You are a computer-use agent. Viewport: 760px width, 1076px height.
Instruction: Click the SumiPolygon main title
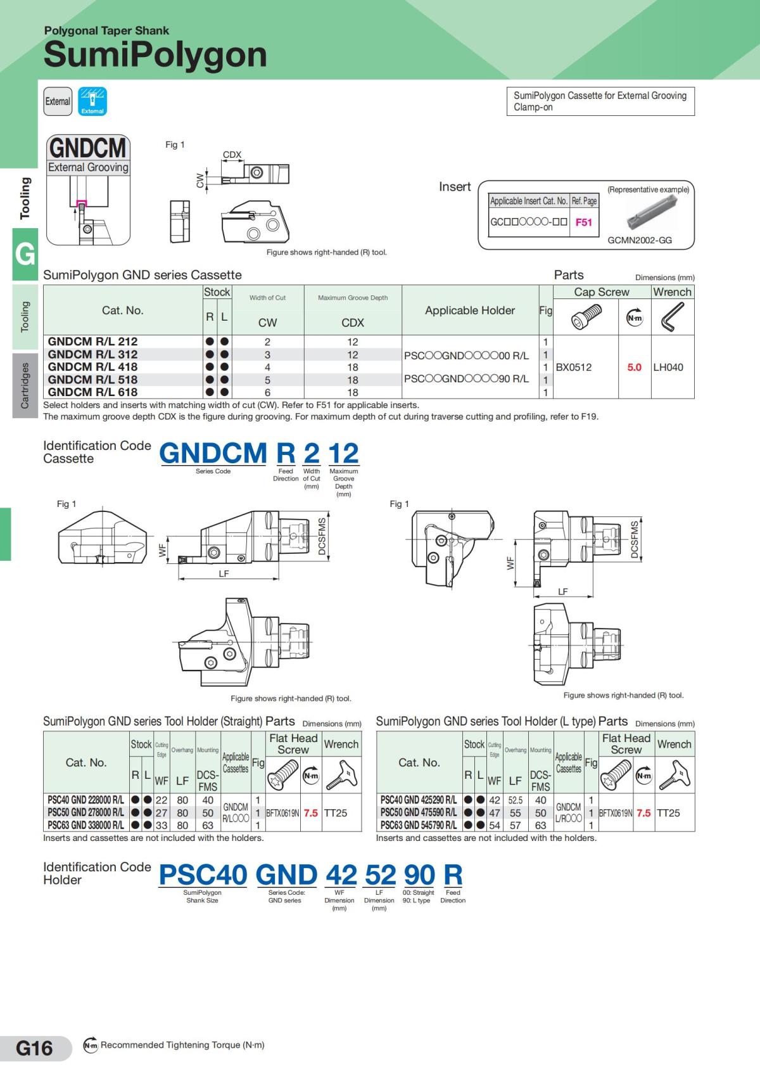[155, 54]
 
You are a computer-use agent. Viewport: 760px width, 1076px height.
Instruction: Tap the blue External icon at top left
[92, 101]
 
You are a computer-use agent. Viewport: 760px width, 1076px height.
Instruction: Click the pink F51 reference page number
[583, 222]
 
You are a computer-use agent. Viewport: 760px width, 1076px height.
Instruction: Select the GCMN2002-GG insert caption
[640, 240]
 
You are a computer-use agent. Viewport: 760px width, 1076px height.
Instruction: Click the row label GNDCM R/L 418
[92, 367]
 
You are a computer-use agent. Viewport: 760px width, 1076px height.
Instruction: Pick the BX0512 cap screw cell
[574, 368]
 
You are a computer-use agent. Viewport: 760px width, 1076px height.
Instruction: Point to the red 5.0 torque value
[634, 368]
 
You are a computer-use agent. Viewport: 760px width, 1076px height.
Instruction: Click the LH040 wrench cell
[668, 368]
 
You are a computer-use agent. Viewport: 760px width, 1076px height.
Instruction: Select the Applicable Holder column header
[470, 311]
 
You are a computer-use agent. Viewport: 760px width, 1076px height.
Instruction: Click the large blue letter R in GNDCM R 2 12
[286, 454]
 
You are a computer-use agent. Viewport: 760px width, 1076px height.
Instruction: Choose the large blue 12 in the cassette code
[343, 454]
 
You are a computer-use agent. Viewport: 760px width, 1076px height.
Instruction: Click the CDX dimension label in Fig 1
[232, 155]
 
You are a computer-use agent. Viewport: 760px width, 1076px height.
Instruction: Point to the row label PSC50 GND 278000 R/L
[86, 812]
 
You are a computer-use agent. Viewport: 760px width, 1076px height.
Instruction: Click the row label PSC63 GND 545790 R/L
[419, 825]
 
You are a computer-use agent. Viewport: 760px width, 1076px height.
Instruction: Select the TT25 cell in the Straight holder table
[336, 813]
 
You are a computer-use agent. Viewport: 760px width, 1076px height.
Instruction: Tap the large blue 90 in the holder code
[419, 875]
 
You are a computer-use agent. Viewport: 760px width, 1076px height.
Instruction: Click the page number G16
[35, 1048]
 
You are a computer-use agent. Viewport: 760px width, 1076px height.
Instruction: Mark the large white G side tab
[25, 255]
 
